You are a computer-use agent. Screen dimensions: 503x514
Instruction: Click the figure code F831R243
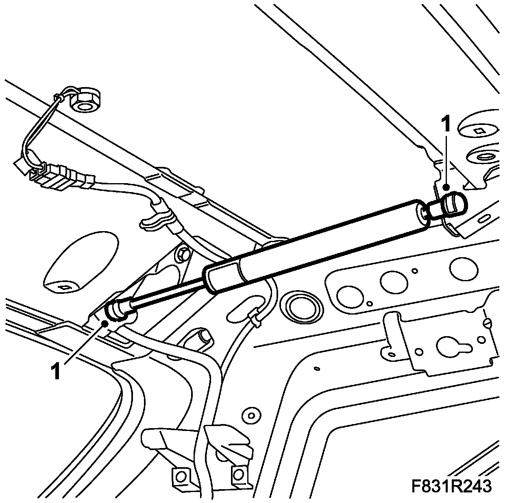pos(451,486)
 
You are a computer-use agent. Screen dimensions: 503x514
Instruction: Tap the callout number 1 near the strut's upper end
pos(446,124)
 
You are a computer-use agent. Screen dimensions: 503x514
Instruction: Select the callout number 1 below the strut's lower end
pos(56,371)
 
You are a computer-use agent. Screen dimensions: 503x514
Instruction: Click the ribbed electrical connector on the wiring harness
pos(61,176)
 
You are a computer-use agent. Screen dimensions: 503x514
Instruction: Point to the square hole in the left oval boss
pos(65,287)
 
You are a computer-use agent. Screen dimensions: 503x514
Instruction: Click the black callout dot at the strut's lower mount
pos(105,324)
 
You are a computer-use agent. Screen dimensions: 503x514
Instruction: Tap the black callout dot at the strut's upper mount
pos(446,188)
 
